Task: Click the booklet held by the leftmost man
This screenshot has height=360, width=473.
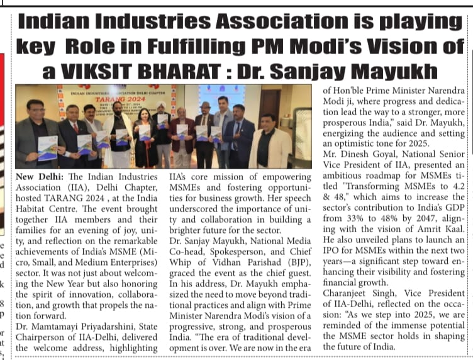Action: [47, 147]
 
